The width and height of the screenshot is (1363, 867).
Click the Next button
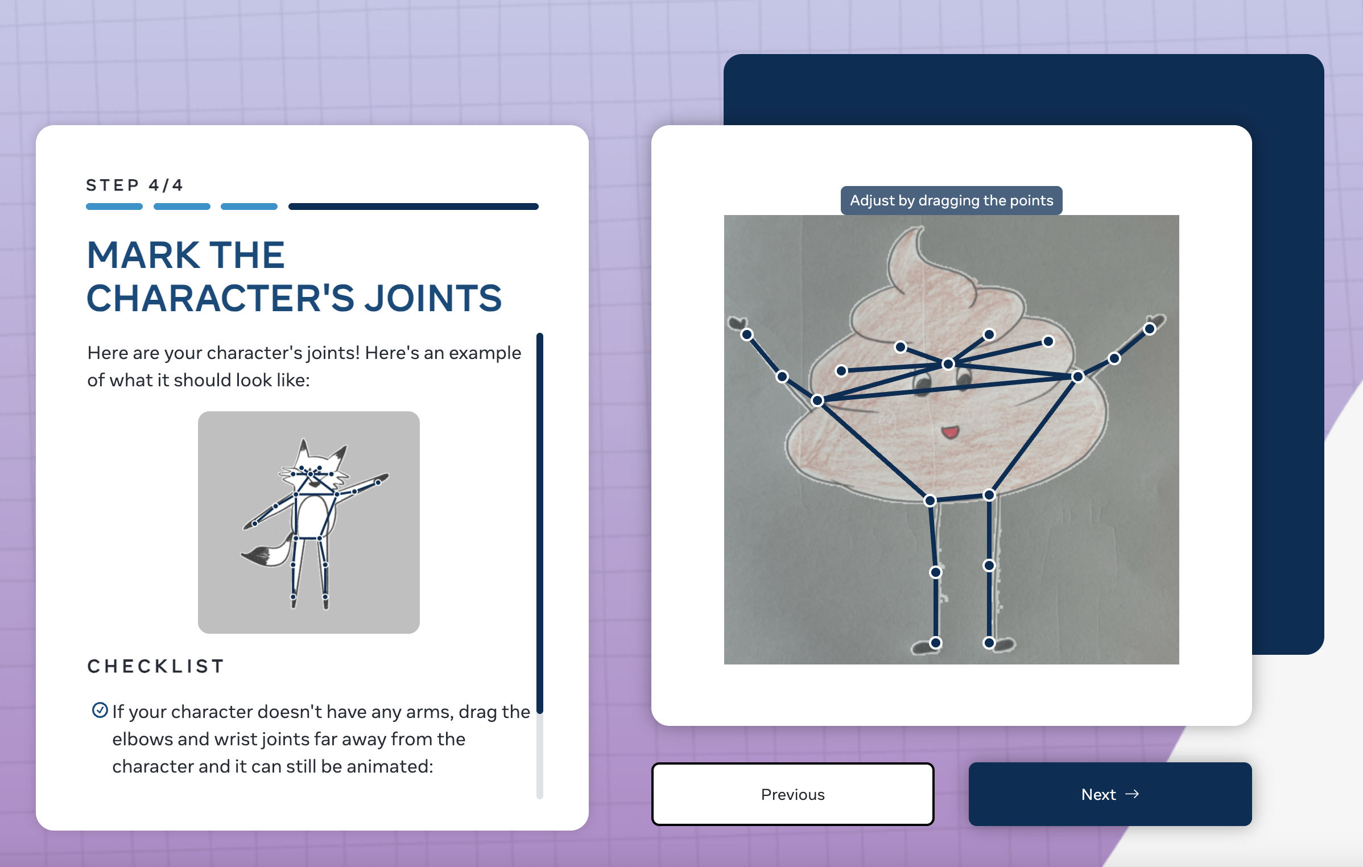[1110, 794]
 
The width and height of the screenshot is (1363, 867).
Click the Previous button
[792, 794]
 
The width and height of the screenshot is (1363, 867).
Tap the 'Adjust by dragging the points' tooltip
[951, 200]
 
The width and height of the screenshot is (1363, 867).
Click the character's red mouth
[950, 432]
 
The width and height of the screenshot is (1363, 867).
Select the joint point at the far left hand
[747, 335]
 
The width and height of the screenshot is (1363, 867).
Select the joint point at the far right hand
[1150, 329]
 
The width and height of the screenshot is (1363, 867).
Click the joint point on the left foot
[936, 643]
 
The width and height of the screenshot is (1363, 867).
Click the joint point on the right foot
[989, 643]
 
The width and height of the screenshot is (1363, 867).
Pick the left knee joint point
[936, 572]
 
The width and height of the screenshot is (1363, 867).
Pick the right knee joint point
[989, 565]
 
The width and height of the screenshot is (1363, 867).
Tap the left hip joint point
[930, 501]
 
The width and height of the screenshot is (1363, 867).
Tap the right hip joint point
[989, 495]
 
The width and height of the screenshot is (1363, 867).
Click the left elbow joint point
[782, 377]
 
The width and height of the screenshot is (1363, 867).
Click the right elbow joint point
[1114, 358]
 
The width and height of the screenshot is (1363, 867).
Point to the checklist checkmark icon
[100, 710]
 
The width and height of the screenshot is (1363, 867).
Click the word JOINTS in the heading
[433, 298]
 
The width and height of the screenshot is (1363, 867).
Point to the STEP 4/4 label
[134, 185]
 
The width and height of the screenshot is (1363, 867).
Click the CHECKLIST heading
[156, 666]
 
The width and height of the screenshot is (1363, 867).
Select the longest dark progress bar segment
[414, 207]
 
